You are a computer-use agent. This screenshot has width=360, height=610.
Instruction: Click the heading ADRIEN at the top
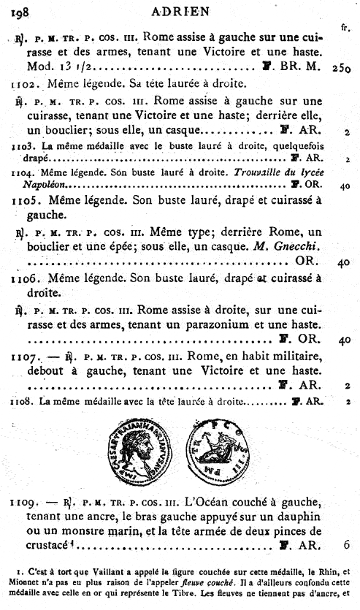(180, 9)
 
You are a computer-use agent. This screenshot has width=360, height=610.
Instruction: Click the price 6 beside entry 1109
(345, 545)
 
